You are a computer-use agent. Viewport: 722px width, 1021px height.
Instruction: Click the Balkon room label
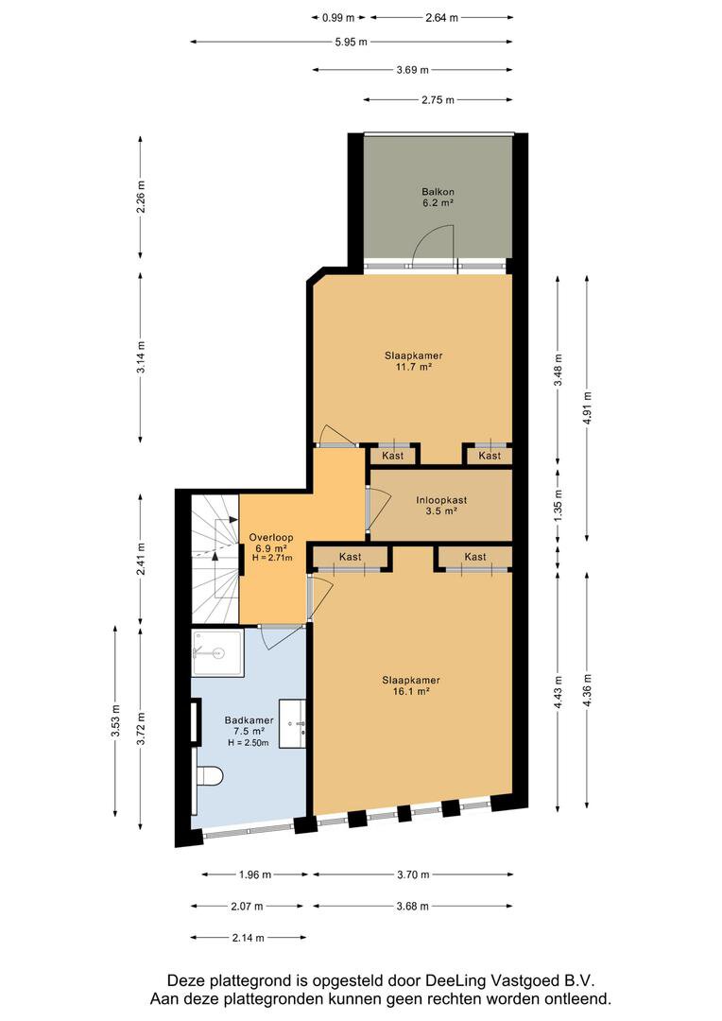(x=438, y=197)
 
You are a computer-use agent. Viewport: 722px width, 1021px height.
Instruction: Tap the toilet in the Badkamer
(x=209, y=775)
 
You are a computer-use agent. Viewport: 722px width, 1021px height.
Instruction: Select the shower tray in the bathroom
(x=217, y=651)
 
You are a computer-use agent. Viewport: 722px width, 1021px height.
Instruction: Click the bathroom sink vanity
(x=293, y=723)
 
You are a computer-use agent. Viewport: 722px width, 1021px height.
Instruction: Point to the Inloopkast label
(x=441, y=505)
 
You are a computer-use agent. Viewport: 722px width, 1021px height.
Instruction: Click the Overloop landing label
(x=271, y=547)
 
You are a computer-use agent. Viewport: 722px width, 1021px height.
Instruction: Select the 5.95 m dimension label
(x=351, y=43)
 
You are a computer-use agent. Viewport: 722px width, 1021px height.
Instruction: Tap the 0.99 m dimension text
(x=338, y=18)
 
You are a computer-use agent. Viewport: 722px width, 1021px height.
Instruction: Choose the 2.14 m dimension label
(x=248, y=938)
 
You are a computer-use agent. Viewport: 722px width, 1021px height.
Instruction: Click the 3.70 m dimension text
(x=413, y=874)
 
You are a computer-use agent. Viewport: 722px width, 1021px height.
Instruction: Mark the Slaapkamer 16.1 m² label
(x=411, y=685)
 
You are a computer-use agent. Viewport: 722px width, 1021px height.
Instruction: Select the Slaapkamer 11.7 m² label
(x=413, y=361)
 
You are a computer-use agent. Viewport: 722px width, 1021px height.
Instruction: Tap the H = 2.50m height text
(x=248, y=742)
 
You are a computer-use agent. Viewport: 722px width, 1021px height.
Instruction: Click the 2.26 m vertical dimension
(x=141, y=196)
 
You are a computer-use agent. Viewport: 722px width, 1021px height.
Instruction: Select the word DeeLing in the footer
(x=454, y=980)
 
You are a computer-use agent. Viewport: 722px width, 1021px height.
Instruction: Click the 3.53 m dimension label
(x=115, y=721)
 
